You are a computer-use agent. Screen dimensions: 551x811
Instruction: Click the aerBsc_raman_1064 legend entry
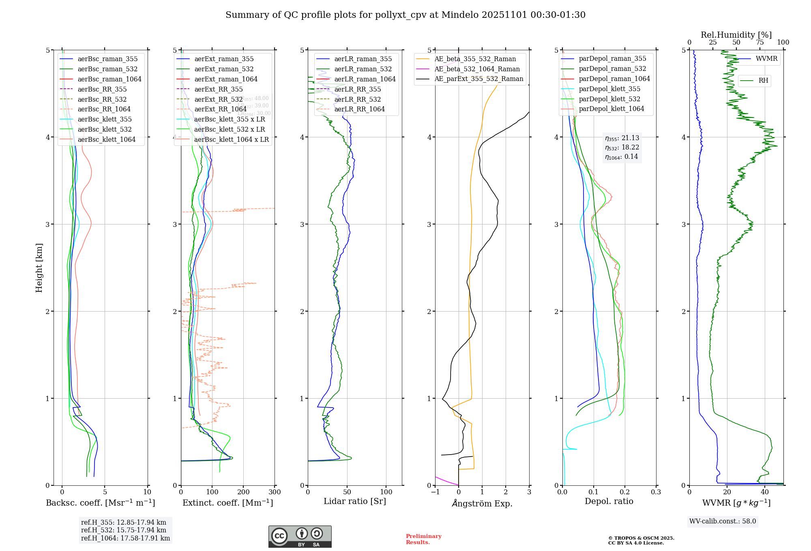109,79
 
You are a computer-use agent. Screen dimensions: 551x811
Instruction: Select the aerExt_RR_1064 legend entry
220,109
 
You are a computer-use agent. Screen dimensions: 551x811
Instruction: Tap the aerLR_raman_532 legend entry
363,69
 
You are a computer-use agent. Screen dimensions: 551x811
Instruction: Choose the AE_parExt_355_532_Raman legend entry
478,79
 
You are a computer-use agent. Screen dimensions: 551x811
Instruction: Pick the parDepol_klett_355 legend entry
609,89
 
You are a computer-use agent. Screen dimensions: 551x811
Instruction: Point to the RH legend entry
763,81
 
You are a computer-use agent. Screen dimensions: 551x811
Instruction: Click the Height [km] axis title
39,268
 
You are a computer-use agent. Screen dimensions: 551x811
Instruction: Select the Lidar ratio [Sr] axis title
355,501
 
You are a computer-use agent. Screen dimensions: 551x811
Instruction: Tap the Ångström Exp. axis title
482,503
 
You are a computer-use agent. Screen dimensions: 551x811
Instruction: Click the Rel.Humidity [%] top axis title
736,35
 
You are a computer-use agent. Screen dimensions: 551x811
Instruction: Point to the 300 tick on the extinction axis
275,492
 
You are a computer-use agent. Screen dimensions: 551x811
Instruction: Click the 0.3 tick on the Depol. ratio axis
656,492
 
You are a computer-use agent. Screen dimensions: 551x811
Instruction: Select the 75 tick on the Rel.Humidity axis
760,43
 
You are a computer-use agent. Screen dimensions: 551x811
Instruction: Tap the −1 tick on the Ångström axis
435,492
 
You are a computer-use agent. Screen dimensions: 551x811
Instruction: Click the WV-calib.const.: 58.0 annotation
723,521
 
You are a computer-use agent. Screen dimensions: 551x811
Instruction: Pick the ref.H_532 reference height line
124,530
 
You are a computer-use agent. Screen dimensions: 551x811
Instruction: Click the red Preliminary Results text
423,539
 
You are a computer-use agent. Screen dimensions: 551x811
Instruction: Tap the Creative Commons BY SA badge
300,536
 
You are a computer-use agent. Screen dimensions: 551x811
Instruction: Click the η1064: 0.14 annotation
622,157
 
